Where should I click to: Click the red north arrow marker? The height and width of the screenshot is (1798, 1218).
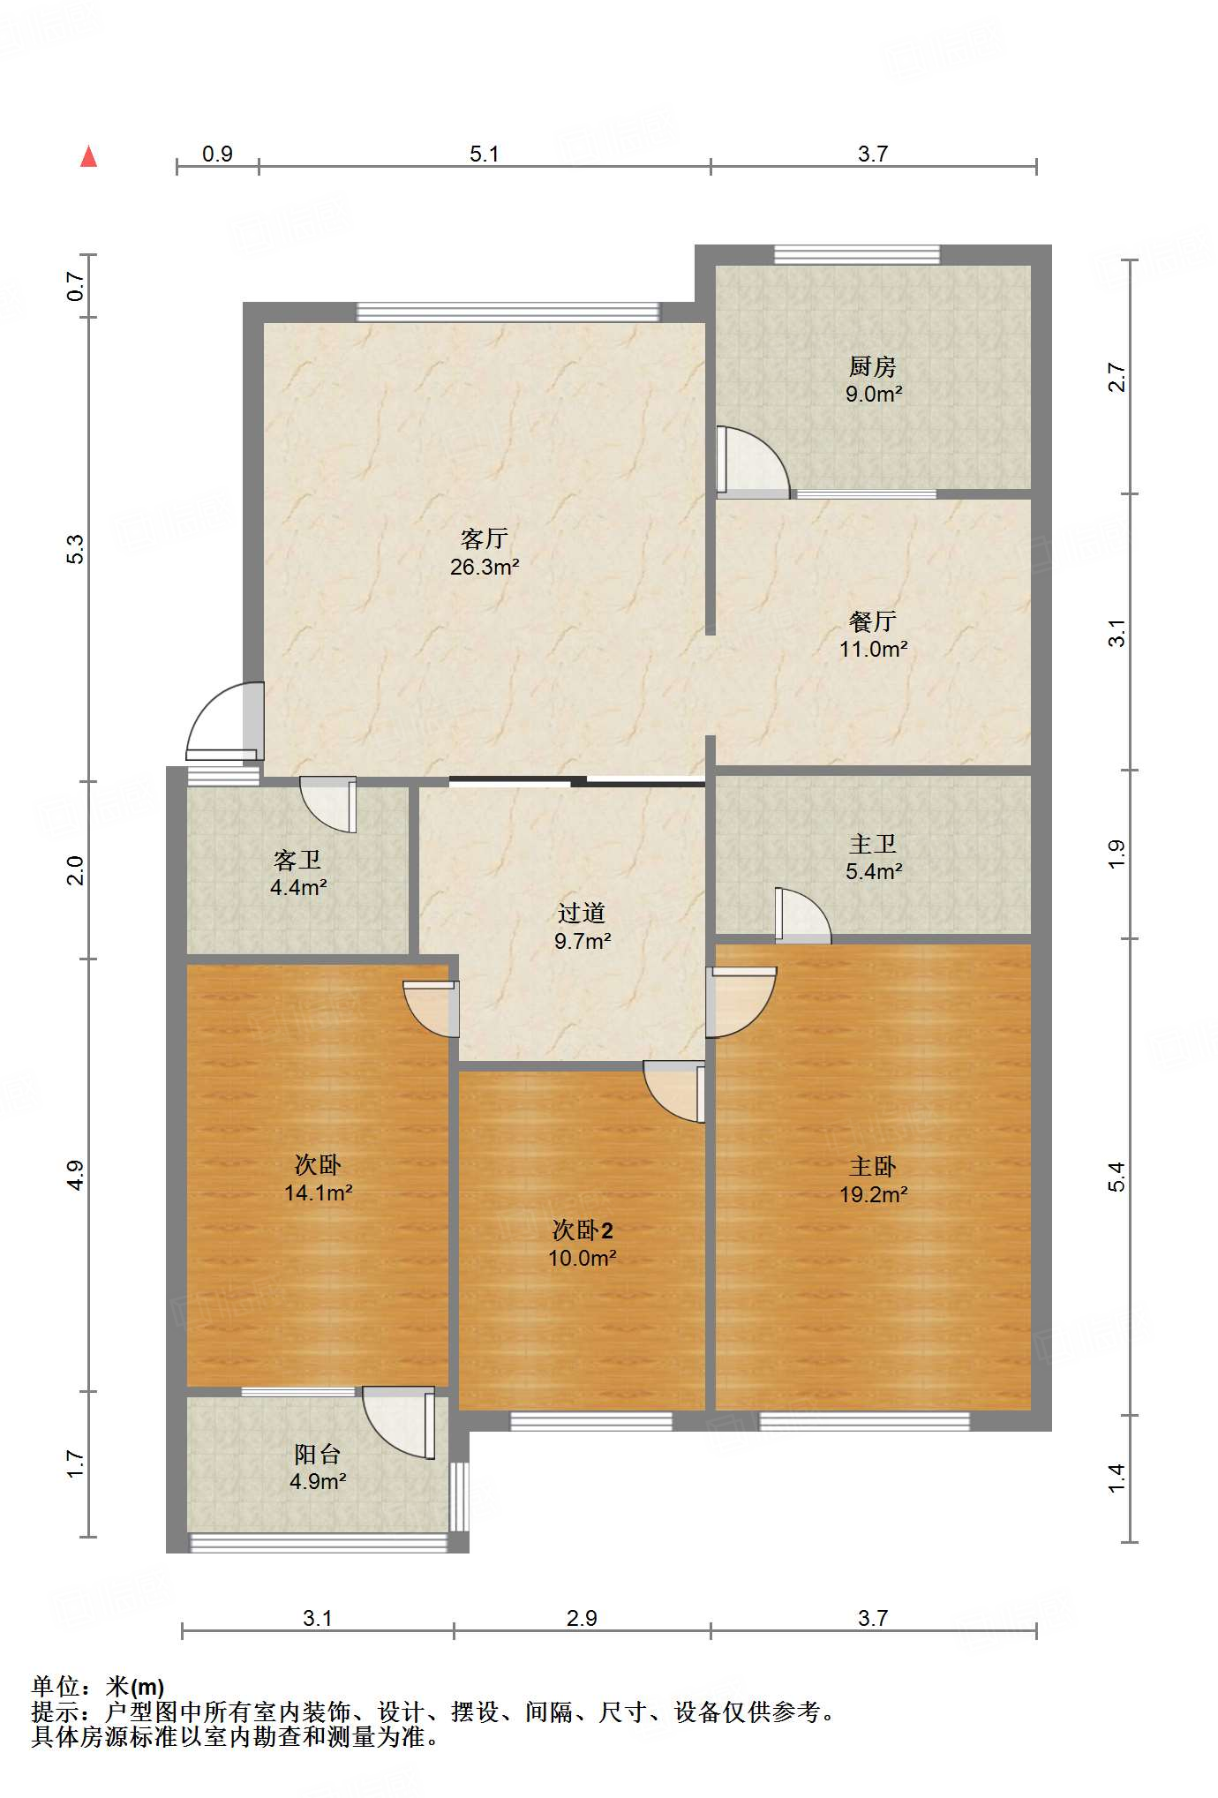coord(88,156)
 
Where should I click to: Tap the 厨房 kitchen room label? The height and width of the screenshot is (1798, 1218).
coord(872,366)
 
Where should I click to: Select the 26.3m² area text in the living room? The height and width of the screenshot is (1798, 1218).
coord(485,567)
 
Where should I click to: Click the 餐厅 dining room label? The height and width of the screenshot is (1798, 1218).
coord(872,621)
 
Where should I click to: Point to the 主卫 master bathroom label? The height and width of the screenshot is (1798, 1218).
coord(872,845)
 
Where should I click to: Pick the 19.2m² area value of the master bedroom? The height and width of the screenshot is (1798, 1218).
coord(873,1194)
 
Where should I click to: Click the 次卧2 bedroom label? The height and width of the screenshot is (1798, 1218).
coord(583,1230)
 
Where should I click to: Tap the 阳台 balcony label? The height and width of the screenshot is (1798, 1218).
coord(317,1454)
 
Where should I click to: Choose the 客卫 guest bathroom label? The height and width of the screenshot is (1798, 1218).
coord(297,860)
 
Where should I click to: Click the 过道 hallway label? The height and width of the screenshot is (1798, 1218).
coord(582,914)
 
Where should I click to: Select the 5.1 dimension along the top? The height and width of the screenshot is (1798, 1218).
coord(484,154)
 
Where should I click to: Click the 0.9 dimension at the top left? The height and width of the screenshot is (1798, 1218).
coord(217,154)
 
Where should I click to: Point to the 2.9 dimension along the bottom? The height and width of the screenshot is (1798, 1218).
coord(582,1618)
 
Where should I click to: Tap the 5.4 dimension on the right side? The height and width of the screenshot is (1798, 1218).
coord(1117,1177)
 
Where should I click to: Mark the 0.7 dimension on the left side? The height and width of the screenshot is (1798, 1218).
coord(76,286)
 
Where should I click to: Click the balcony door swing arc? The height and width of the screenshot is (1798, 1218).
coord(398,1423)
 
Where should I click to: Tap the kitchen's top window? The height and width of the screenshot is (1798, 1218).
coord(857,255)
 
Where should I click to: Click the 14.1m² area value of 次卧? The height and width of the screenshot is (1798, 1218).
coord(319,1192)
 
